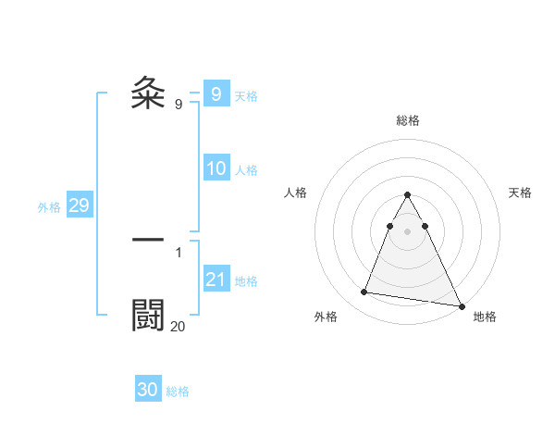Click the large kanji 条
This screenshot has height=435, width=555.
[149, 93]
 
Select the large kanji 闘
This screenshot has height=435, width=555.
[149, 316]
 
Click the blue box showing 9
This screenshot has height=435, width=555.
[216, 94]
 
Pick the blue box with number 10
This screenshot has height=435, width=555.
[216, 168]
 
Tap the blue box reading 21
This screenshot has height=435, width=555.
[216, 280]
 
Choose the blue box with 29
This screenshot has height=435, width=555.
[79, 205]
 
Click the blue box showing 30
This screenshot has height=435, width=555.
[148, 390]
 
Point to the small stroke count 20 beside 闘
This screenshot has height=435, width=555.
[178, 326]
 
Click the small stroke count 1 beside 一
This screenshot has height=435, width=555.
[179, 252]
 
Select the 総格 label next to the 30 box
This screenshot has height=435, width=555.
[178, 391]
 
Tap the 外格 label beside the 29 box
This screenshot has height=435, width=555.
[49, 207]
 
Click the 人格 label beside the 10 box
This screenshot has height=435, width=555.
[246, 170]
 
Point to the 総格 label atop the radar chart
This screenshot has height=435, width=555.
[407, 120]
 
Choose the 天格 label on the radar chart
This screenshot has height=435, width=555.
[520, 193]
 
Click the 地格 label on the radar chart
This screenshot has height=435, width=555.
[485, 317]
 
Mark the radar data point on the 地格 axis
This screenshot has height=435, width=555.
[462, 306]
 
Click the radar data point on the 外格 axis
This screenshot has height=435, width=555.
[364, 292]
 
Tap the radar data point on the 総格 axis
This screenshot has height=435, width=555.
[407, 194]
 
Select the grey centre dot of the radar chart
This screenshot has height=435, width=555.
[407, 229]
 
